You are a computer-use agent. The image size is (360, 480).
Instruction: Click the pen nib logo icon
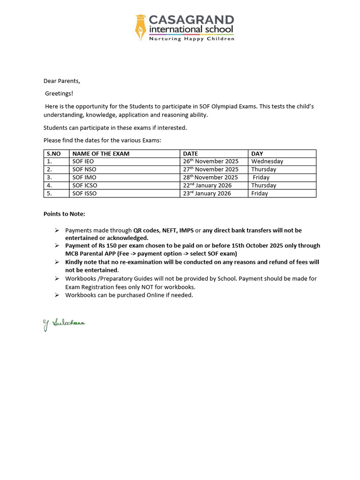coord(140,27)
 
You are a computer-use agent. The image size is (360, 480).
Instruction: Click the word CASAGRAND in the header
coord(191,20)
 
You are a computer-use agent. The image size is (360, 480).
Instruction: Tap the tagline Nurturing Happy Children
coord(191,39)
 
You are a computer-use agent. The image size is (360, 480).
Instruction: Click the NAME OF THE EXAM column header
coord(101,154)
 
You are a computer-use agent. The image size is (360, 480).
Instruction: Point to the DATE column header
coord(190,154)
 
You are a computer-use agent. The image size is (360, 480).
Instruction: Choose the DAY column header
coord(257,154)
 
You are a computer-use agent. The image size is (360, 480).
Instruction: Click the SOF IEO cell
coord(83,161)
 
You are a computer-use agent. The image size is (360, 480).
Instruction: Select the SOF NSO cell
coord(84,169)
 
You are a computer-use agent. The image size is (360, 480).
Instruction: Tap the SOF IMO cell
coord(84,177)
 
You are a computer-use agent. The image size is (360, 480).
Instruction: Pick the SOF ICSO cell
coord(85,185)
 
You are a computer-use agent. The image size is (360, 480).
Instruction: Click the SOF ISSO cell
coord(84,193)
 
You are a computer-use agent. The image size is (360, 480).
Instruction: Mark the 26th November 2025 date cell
coord(210,161)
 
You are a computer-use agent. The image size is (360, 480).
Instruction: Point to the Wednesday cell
coord(267,161)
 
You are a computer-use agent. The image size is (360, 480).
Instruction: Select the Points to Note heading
coord(64,214)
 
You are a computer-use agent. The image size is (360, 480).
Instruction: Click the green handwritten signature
coord(64,324)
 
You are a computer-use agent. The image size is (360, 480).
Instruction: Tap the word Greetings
coord(59,94)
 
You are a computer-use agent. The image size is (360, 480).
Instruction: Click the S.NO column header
coord(54,154)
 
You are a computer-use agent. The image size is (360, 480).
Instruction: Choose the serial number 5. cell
coord(49,193)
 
